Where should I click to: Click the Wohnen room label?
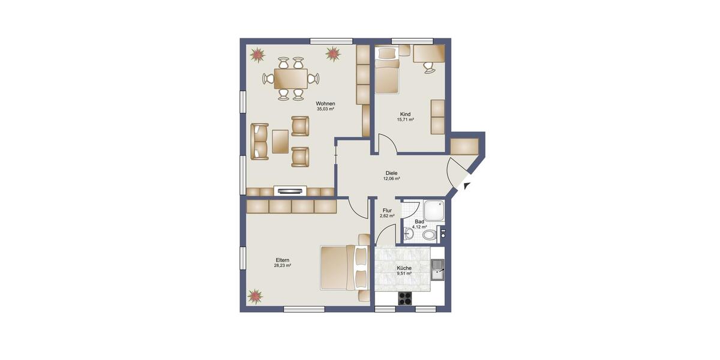(325, 103)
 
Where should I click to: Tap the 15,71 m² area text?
(406, 119)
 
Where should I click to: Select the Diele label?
(392, 173)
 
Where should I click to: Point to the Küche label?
(404, 268)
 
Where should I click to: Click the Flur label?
(387, 211)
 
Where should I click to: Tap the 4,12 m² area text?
(419, 227)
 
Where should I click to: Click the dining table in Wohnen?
(290, 78)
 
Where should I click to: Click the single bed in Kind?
(387, 74)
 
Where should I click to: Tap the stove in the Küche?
(406, 298)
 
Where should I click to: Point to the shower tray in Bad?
(434, 209)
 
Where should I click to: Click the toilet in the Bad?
(428, 235)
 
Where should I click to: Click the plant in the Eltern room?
(256, 296)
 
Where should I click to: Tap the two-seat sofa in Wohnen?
(259, 141)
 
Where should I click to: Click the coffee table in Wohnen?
(280, 141)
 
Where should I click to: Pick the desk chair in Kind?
(429, 67)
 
